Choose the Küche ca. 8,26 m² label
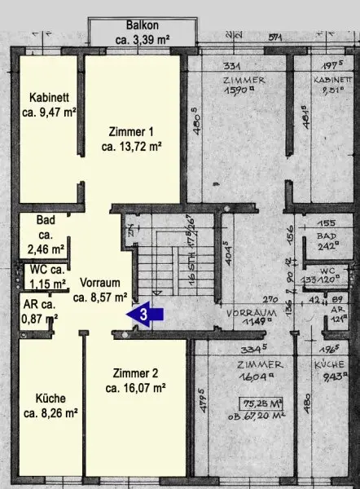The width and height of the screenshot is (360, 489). click(x=50, y=405)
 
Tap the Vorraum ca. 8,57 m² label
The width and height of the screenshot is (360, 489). click(x=100, y=289)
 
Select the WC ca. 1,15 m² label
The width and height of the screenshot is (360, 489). click(x=45, y=276)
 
